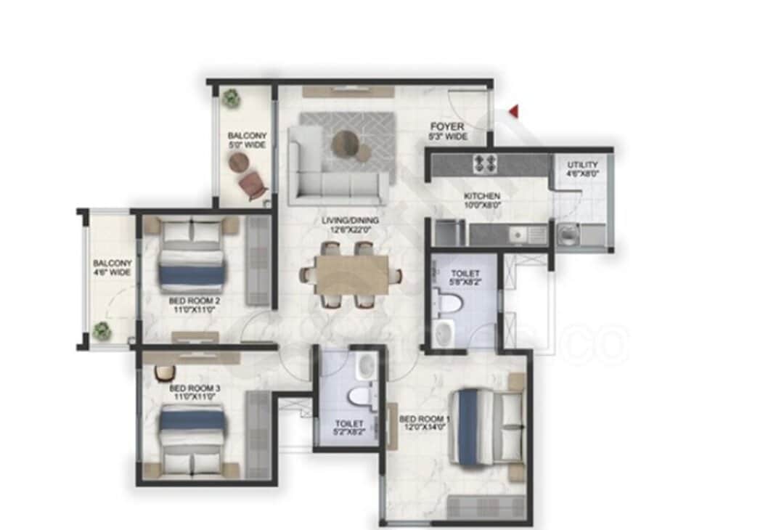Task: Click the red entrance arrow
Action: click(x=513, y=111)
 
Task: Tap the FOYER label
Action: click(x=446, y=127)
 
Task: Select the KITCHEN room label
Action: click(x=482, y=196)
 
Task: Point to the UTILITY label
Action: click(x=582, y=166)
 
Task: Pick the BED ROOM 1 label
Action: click(x=425, y=420)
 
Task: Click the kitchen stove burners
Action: click(x=484, y=164)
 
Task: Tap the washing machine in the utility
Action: click(x=565, y=234)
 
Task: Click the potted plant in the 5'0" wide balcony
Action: click(x=232, y=97)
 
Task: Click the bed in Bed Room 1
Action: click(x=487, y=427)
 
